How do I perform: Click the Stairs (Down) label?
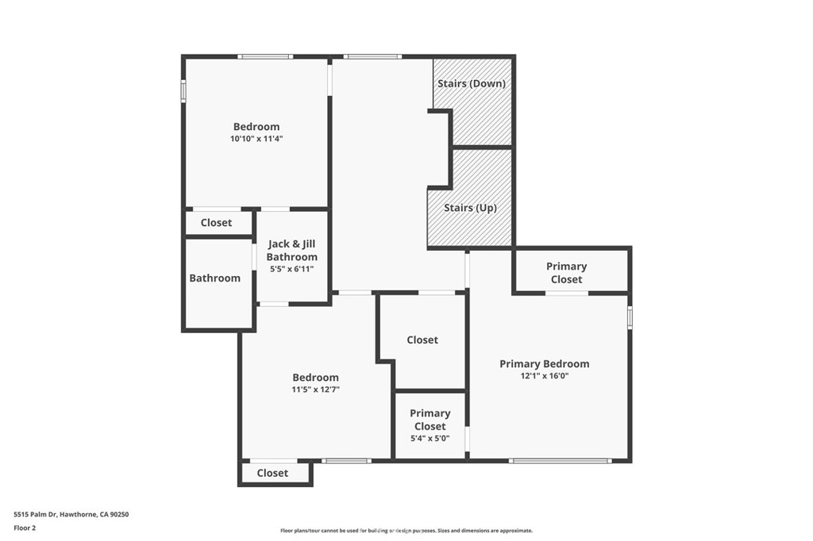(x=472, y=83)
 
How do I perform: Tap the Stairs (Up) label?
(x=470, y=208)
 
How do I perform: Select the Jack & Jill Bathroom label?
(x=292, y=251)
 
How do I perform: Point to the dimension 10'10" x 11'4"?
(x=256, y=139)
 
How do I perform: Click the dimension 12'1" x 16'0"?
(x=545, y=376)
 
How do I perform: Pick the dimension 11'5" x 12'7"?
(x=315, y=389)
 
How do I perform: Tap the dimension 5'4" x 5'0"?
(x=430, y=439)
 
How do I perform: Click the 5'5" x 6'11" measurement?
(x=292, y=270)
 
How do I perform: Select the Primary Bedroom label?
(x=545, y=364)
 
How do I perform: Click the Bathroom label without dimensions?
(x=214, y=278)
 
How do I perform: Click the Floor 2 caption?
(x=25, y=528)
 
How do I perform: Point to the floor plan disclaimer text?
(x=406, y=531)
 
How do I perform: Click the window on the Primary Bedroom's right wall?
(x=630, y=317)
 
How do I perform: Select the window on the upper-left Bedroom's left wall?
(x=183, y=90)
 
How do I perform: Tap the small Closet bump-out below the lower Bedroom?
(x=275, y=473)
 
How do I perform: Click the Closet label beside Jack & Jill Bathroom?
(x=216, y=223)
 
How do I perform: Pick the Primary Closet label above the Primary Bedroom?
(x=566, y=273)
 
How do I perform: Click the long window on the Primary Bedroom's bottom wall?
(x=560, y=461)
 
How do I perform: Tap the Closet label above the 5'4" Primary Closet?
(x=422, y=340)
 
